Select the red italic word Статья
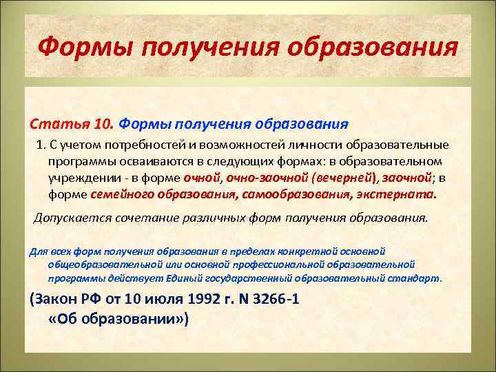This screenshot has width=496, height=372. (x=52, y=124)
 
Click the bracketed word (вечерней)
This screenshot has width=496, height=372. (x=342, y=178)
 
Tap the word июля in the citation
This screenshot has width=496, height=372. (x=148, y=301)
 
